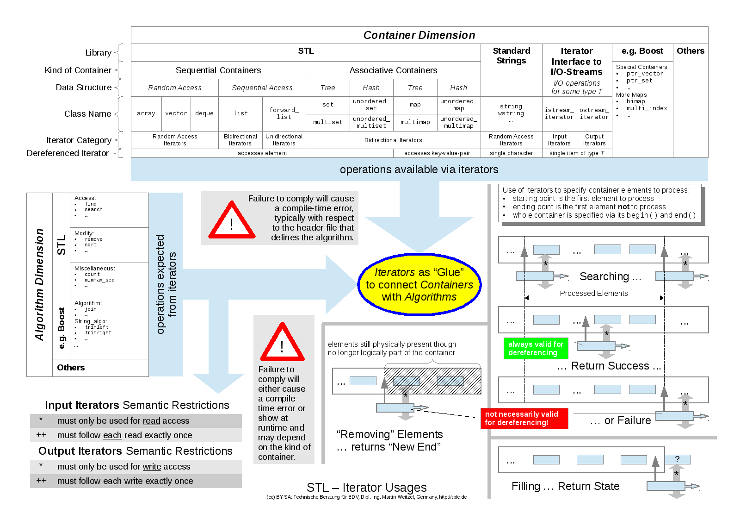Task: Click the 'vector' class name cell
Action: click(x=176, y=113)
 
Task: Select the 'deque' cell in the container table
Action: click(x=204, y=113)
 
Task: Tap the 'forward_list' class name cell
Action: click(x=284, y=113)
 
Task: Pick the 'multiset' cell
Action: click(x=327, y=122)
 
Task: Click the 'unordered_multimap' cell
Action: click(x=459, y=122)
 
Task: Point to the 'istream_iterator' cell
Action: click(x=559, y=113)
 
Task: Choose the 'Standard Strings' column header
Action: click(x=511, y=56)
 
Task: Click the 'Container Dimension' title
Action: click(x=419, y=35)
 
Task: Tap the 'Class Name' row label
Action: click(x=87, y=114)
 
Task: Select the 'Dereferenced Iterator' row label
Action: click(x=68, y=153)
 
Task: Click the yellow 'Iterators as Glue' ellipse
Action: click(x=419, y=284)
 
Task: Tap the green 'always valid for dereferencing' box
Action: click(x=536, y=348)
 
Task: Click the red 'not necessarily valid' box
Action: click(x=524, y=418)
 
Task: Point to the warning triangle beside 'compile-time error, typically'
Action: click(x=232, y=220)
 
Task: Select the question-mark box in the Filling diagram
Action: click(x=678, y=459)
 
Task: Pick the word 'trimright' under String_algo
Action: click(x=98, y=332)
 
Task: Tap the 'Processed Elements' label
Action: click(x=594, y=293)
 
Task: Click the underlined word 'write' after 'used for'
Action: click(x=152, y=467)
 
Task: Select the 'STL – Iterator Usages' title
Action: click(x=366, y=488)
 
